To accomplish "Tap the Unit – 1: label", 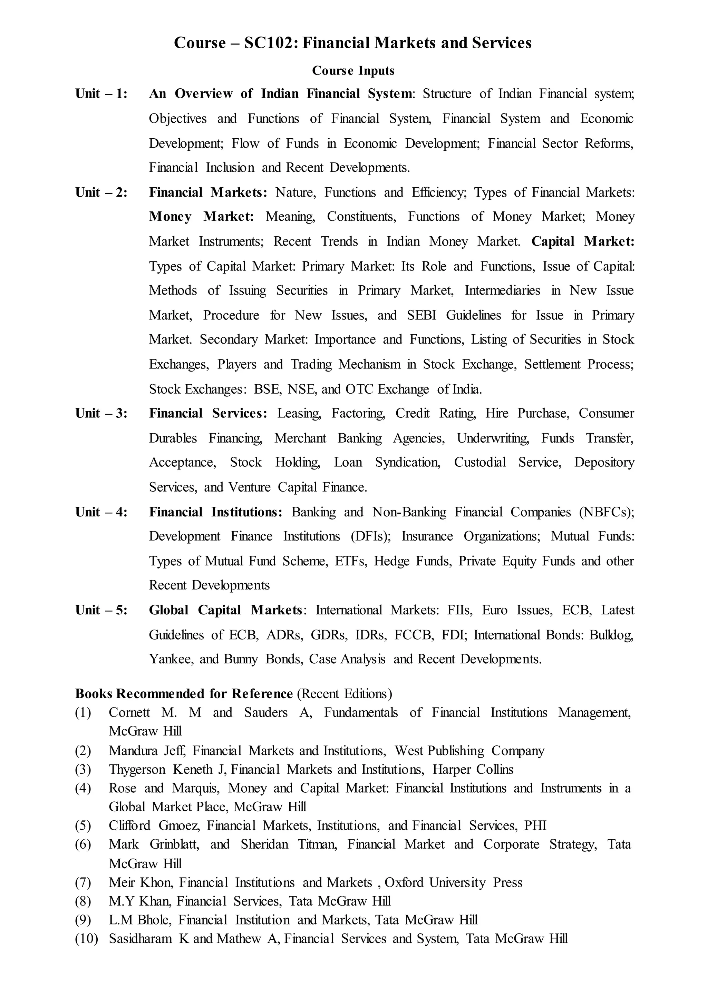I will tap(101, 93).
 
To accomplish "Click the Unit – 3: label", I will tap(101, 413).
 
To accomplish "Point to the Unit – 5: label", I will tap(101, 610).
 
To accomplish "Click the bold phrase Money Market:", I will tap(201, 217).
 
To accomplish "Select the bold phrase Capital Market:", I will tap(582, 241).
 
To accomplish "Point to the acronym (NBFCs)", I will tap(607, 512).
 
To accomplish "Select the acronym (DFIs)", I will tap(370, 536).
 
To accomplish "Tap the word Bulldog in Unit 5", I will tap(611, 635).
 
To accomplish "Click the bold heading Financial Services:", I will tap(208, 413).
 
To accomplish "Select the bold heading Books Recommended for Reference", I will tap(184, 694).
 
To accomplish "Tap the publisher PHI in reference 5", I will tap(535, 825).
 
